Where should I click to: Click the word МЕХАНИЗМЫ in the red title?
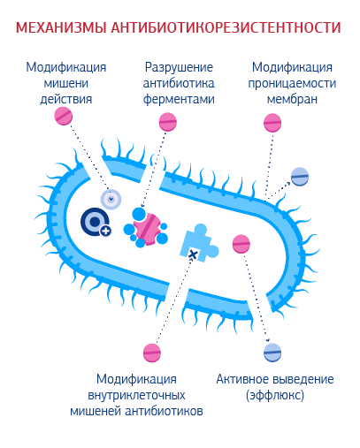point(61,27)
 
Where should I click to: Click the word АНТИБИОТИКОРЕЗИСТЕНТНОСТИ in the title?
point(226,27)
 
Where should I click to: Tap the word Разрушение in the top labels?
point(179,68)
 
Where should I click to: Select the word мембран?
point(292,99)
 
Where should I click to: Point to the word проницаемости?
point(292,84)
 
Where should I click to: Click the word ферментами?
point(179,99)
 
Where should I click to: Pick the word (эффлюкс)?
point(275,395)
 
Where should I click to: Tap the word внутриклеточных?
point(136,395)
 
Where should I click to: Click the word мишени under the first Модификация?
point(66,84)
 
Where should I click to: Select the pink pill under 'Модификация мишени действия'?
point(64,116)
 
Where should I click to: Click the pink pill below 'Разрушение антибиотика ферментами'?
point(168,122)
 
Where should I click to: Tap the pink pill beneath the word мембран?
point(272,123)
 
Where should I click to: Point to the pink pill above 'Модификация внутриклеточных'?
point(152,353)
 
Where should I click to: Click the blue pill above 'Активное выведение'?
point(272,353)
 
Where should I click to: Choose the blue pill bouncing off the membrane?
point(300,177)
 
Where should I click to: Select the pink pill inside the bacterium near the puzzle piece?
point(241,244)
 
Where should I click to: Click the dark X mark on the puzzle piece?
point(193,254)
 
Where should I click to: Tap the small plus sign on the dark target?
point(106,232)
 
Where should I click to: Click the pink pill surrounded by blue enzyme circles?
point(147,229)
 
